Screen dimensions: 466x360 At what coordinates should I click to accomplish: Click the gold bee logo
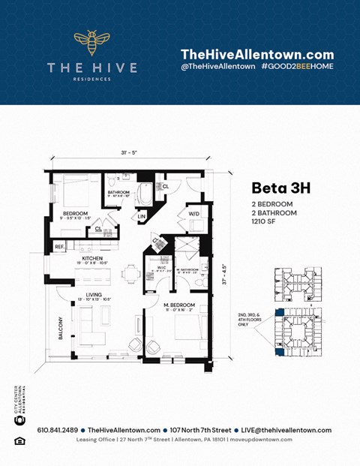point(92,43)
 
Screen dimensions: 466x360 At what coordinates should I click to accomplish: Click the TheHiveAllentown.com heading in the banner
point(256,54)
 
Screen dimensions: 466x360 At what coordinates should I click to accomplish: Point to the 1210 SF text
point(265,221)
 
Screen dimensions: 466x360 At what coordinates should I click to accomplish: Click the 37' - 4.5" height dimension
point(223,277)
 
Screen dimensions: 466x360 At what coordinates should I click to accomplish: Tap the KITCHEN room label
point(93,257)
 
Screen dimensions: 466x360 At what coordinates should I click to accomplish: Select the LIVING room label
point(94,295)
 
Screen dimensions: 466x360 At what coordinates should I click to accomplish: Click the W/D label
point(193,213)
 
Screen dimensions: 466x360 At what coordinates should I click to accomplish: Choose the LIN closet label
point(141,217)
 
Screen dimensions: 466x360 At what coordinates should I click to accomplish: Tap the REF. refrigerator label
point(59,246)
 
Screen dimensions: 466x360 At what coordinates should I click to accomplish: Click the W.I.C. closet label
point(162,266)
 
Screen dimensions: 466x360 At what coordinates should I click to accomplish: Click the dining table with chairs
point(131,272)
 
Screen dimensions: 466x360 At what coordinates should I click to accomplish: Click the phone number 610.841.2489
point(56,430)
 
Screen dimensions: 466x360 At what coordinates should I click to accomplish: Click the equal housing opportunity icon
point(19,440)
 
